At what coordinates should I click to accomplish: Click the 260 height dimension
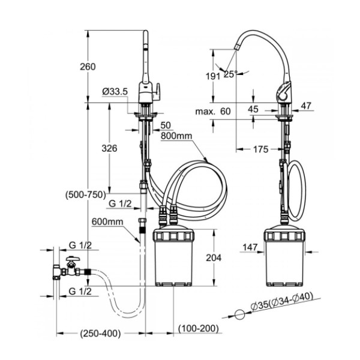coord(88,67)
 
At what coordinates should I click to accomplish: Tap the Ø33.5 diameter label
coord(115,91)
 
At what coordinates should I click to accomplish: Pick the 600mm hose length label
coord(107,222)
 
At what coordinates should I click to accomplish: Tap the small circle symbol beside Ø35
coord(239,314)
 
